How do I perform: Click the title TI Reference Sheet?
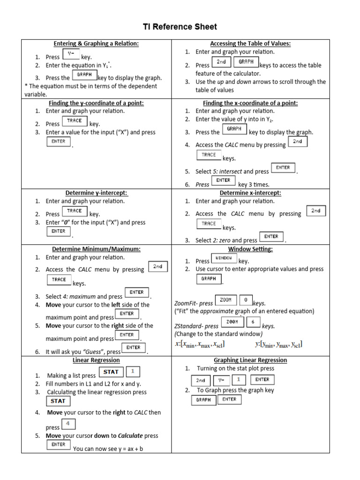(x=180, y=27)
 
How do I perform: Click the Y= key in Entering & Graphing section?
(x=71, y=54)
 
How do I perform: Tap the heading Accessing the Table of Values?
(x=250, y=44)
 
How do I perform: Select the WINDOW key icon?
(x=224, y=258)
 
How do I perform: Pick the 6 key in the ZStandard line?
(x=253, y=322)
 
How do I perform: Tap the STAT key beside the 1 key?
(x=111, y=372)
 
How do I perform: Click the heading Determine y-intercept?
(x=96, y=193)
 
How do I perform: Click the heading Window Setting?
(x=250, y=249)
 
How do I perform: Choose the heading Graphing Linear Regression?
(x=250, y=360)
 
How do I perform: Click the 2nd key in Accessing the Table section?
(x=221, y=62)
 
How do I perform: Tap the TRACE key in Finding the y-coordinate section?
(x=74, y=121)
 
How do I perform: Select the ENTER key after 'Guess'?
(x=133, y=348)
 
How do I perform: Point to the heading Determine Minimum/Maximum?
(x=96, y=249)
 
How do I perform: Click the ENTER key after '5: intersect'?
(x=283, y=168)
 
